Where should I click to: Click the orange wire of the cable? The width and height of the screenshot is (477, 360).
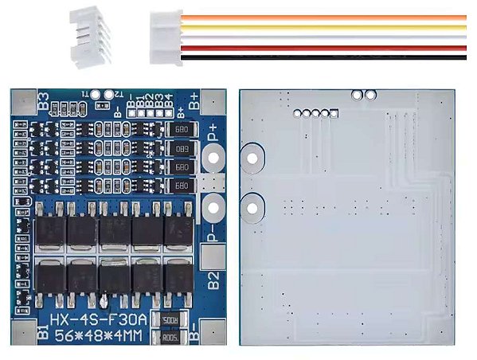334,18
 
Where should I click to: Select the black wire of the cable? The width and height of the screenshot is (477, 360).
334,57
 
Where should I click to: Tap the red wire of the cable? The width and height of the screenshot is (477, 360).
334,48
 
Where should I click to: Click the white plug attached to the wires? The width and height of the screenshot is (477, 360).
166,36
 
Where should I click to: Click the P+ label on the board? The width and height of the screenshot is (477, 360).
213,135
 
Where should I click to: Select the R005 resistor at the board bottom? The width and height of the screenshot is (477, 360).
169,338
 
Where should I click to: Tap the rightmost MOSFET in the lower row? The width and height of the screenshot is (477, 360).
178,278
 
